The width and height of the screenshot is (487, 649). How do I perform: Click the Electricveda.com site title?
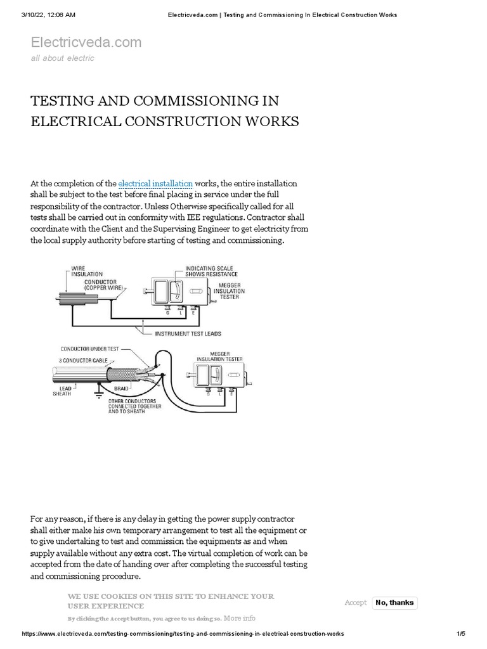86,42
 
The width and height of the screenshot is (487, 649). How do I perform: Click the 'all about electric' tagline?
63,58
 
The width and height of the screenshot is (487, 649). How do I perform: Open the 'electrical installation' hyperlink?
155,184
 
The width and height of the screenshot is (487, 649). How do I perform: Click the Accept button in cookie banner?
355,603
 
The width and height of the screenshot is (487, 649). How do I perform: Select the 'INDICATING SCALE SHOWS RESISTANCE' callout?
211,271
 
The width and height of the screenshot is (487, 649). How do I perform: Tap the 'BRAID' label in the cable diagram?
122,387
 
